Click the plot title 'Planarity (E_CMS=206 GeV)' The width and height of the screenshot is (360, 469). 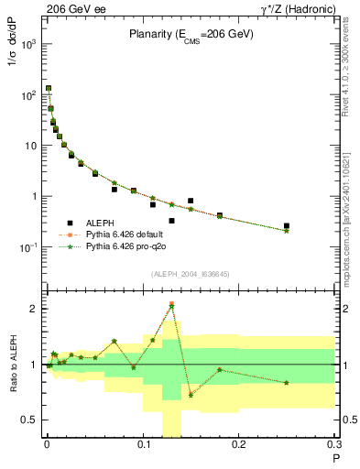(190, 36)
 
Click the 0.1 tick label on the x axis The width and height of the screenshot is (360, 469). (143, 447)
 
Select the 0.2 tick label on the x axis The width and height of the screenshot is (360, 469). (239, 447)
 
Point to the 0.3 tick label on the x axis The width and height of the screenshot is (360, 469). (334, 447)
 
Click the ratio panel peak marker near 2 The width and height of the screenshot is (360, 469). (171, 305)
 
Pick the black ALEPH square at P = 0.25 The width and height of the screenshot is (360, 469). (287, 225)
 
